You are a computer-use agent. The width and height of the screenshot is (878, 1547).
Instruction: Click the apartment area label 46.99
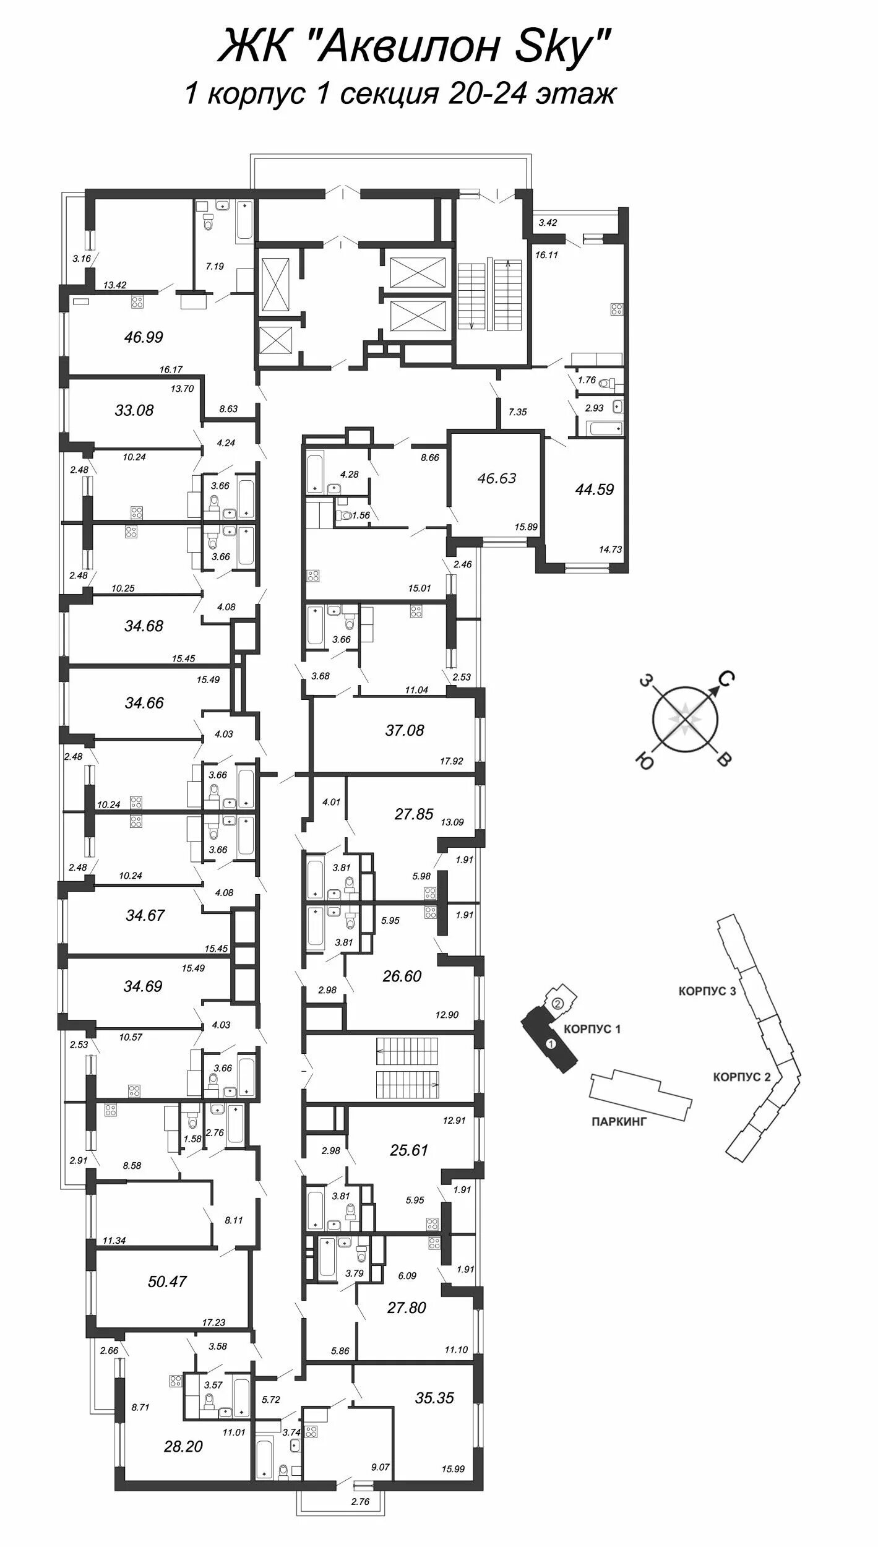[x=143, y=337]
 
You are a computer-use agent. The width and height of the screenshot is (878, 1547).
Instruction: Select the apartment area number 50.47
[x=167, y=1264]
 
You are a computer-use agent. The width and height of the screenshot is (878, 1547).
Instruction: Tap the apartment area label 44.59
[x=594, y=489]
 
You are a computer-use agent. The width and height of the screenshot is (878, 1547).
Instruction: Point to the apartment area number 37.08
[x=405, y=730]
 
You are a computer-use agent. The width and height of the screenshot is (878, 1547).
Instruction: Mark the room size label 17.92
[x=452, y=761]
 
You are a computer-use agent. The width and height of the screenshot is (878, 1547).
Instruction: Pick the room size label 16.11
[x=547, y=254]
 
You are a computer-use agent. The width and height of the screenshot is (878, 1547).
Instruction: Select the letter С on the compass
[x=726, y=681]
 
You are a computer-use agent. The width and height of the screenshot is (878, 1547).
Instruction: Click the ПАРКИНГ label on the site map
[x=619, y=1121]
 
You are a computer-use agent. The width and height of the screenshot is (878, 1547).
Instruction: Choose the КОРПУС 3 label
[x=707, y=991]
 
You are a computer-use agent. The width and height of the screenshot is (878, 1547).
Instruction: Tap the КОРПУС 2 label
[x=742, y=1077]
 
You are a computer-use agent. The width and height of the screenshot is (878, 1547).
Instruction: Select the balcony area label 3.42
[x=548, y=223]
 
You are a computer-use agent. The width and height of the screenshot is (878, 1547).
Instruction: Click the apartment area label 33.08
[x=134, y=410]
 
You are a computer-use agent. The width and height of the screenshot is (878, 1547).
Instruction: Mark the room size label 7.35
[x=517, y=412]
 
